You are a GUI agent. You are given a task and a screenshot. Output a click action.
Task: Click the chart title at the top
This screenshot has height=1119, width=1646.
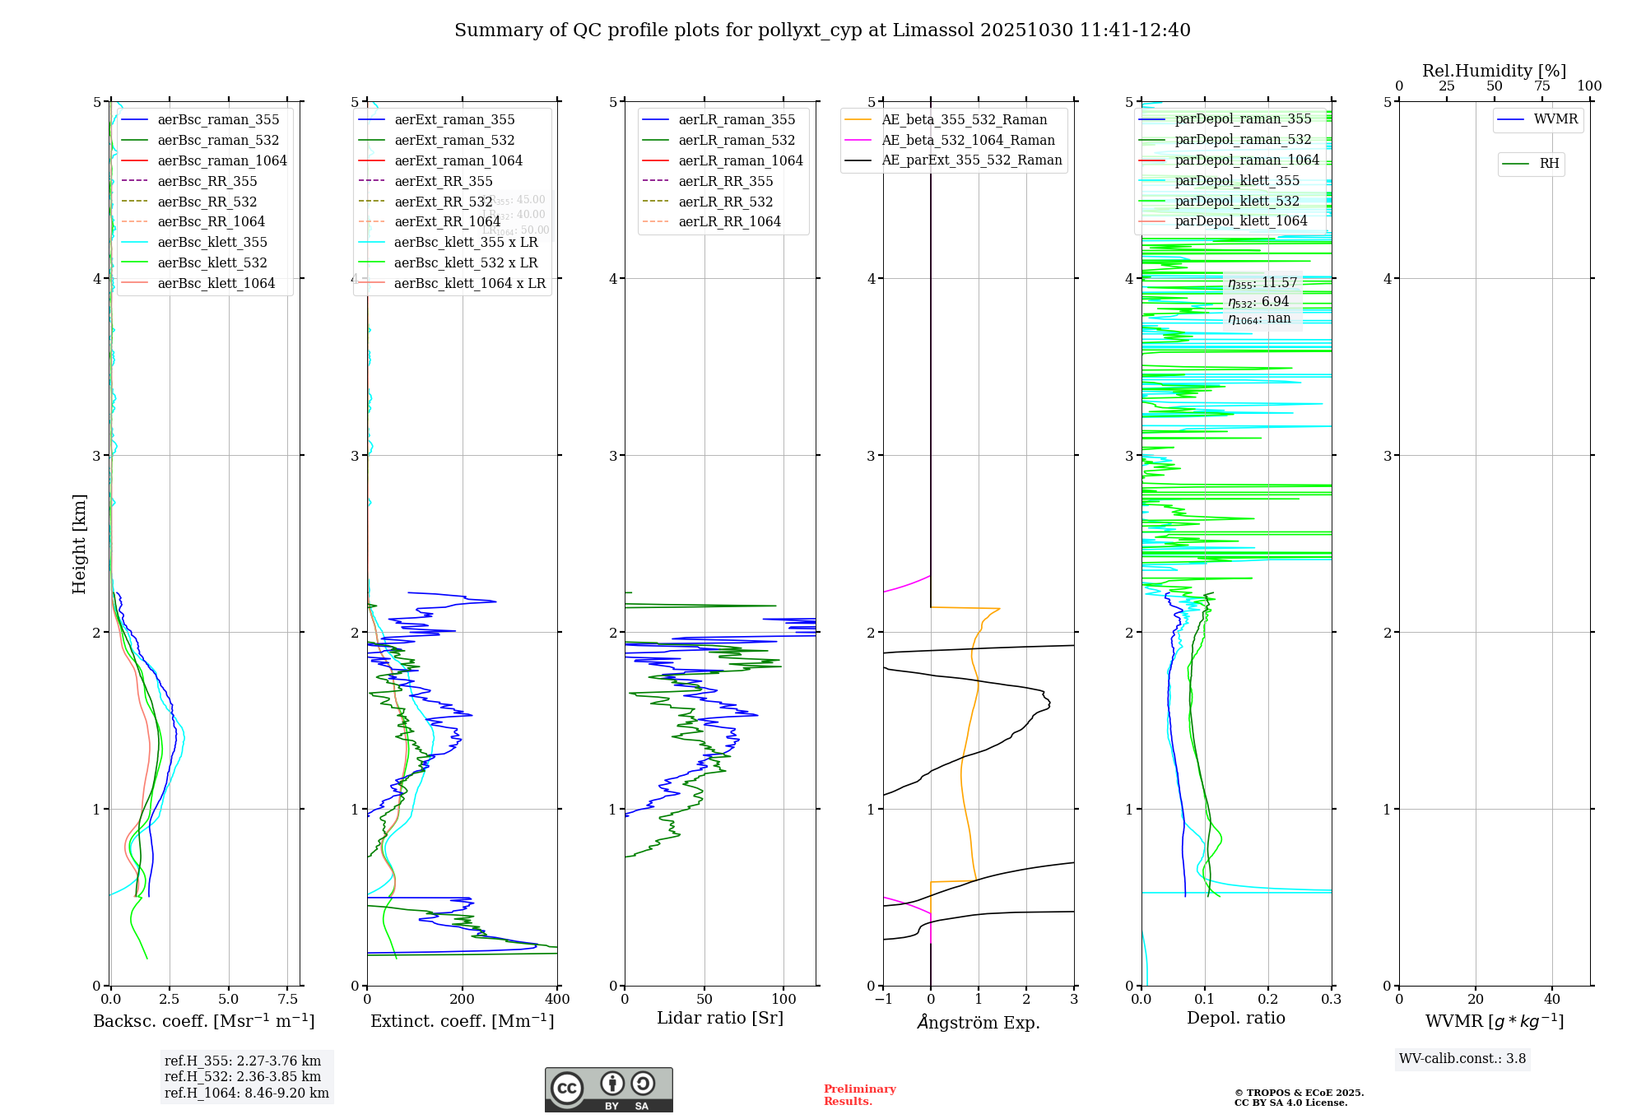point(822,30)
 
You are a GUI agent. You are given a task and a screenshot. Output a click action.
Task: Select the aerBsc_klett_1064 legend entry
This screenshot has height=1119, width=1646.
point(216,283)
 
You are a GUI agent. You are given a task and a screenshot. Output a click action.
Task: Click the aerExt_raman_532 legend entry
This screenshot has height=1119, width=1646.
point(454,140)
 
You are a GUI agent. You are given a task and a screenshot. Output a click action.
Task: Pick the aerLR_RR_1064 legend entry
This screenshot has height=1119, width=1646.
point(729,221)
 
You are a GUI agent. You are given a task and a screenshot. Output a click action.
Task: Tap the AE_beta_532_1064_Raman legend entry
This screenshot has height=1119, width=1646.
point(968,140)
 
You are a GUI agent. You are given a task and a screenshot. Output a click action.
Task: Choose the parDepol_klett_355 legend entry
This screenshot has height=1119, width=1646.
point(1237,180)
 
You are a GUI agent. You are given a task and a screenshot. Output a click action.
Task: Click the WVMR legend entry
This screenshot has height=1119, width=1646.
point(1555,119)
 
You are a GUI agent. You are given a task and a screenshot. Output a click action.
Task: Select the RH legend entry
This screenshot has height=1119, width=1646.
point(1549,164)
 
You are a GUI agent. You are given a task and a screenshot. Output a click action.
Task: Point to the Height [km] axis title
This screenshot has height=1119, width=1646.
point(79,543)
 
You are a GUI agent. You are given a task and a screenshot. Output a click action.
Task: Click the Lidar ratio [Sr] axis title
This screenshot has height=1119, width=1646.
point(720,1018)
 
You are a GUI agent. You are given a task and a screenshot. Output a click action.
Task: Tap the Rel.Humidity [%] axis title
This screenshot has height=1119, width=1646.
point(1494,71)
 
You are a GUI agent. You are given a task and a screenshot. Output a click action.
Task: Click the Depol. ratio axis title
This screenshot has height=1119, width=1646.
point(1235,1018)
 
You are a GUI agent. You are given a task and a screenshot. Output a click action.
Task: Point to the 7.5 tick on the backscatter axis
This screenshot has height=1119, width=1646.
point(288,1000)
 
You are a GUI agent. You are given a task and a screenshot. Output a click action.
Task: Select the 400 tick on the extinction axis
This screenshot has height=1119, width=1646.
point(558,1000)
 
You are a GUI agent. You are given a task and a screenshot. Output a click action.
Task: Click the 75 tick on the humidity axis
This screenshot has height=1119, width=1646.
point(1542,86)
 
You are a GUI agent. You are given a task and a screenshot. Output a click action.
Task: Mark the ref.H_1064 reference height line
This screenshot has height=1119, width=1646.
point(246,1093)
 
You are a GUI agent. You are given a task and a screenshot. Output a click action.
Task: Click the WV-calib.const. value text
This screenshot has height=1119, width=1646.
point(1462,1059)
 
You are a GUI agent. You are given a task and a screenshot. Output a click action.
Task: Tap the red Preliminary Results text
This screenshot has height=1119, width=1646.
point(859,1095)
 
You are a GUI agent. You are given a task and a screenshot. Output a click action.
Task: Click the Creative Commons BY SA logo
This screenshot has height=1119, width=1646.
point(608,1090)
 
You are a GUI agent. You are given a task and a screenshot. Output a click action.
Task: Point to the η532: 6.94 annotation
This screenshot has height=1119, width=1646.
point(1258,301)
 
